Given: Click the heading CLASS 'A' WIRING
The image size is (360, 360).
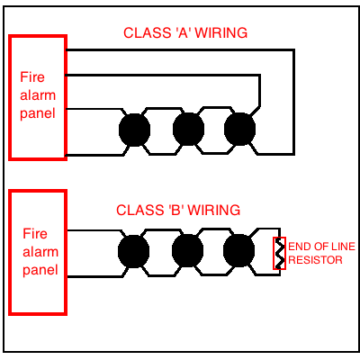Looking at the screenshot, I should coord(185,33).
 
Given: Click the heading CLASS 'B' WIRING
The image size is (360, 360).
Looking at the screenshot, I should coord(178,211).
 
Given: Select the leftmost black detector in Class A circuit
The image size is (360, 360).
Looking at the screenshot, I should coord(134,130).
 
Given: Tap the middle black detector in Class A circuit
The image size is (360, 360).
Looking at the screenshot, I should coord(187,130).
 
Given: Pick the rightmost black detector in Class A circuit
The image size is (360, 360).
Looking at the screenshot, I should coord(239,130).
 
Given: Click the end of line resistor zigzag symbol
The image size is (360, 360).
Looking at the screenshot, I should coord(279,253).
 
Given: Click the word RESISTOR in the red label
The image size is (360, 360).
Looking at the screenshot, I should coord(316,259).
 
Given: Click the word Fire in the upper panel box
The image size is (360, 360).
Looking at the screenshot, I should coord(31,79).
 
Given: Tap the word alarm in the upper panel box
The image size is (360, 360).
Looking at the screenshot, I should coord(36,96).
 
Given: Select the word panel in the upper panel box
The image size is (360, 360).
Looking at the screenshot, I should coord(36,113).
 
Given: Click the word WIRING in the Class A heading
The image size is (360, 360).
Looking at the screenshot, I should coord(222,33).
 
